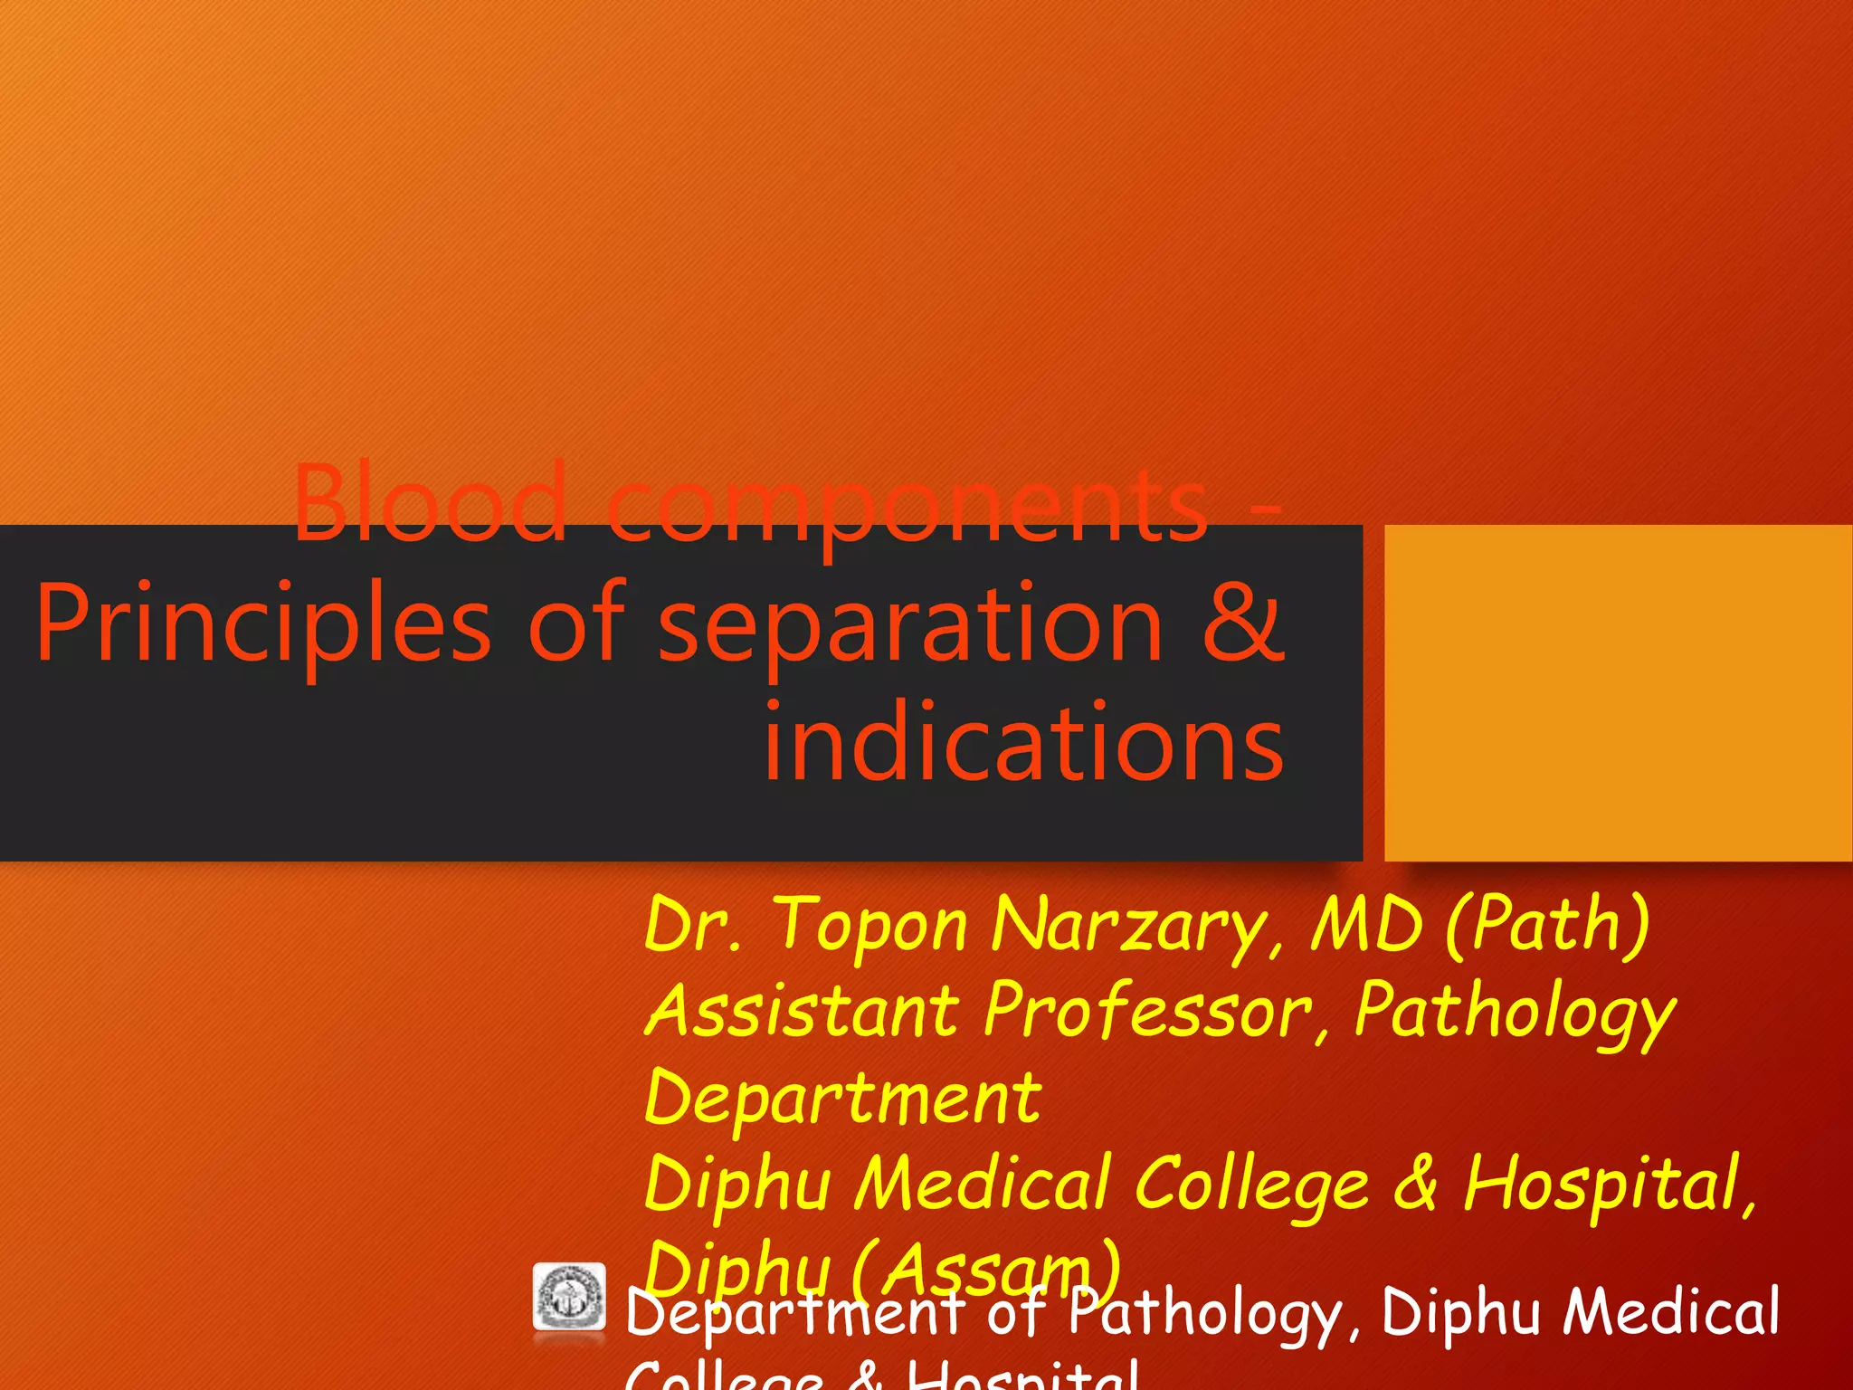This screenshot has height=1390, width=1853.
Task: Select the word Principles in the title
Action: (x=262, y=624)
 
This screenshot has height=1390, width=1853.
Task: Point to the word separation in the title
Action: (x=909, y=624)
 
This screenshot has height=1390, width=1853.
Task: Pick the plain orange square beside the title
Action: (x=1618, y=692)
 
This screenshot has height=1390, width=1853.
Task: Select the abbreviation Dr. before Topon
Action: (x=692, y=925)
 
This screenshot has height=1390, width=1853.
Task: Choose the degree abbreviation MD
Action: (x=1367, y=925)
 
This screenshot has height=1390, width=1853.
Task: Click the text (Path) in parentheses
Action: (x=1547, y=925)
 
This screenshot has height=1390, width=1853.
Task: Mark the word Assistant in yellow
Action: (x=802, y=1011)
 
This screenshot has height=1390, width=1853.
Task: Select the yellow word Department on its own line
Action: (x=842, y=1097)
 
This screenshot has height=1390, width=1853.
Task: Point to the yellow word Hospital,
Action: (x=1611, y=1183)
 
